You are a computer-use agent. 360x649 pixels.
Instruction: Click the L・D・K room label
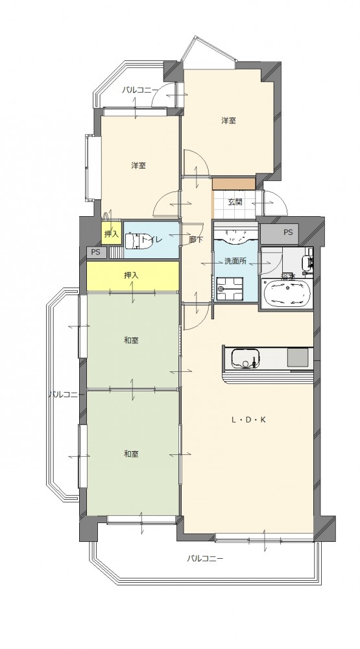click(248, 420)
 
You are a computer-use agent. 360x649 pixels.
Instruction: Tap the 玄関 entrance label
click(235, 202)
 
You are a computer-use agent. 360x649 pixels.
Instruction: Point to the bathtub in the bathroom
click(285, 293)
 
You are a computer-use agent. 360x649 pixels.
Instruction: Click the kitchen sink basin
click(244, 358)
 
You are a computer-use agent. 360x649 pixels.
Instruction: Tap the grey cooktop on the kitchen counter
click(298, 357)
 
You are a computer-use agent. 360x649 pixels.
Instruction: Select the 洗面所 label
click(235, 261)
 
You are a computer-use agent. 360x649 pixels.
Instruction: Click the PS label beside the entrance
click(288, 232)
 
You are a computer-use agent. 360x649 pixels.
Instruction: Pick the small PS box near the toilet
click(97, 252)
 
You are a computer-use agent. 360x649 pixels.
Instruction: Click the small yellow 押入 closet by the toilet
click(111, 234)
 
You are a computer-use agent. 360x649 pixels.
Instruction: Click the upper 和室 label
click(131, 340)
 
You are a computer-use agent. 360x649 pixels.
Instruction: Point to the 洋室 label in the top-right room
click(228, 121)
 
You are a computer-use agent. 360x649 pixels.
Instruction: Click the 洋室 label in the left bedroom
click(138, 165)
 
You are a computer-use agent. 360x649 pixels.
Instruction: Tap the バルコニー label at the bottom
click(204, 558)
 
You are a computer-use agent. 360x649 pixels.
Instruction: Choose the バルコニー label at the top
click(139, 90)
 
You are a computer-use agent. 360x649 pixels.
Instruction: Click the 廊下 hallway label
click(196, 239)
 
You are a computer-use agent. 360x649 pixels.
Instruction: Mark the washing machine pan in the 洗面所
click(230, 288)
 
